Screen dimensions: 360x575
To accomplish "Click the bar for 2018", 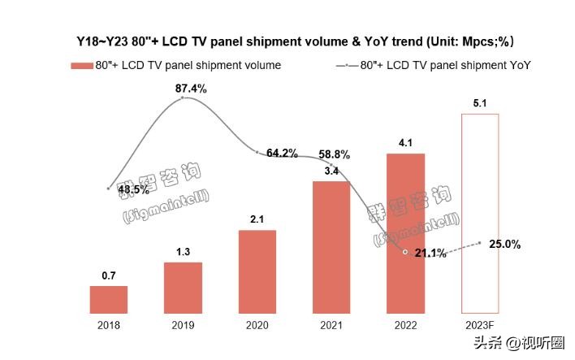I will click(x=108, y=299).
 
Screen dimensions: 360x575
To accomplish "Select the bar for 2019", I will click(x=183, y=288).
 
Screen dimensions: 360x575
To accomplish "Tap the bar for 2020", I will click(x=257, y=271).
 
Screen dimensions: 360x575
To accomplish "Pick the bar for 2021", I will click(x=331, y=247).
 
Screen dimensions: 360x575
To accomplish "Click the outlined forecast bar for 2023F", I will click(x=480, y=213).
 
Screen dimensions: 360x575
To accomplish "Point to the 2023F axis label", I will click(x=480, y=325).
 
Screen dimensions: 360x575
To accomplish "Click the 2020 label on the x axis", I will click(x=257, y=325).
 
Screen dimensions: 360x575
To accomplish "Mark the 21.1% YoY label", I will click(x=430, y=254).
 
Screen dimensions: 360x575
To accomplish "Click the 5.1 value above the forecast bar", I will click(x=480, y=103).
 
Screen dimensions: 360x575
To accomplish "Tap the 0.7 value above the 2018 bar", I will click(x=108, y=275).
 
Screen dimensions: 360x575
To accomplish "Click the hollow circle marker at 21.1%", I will click(x=405, y=253).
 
